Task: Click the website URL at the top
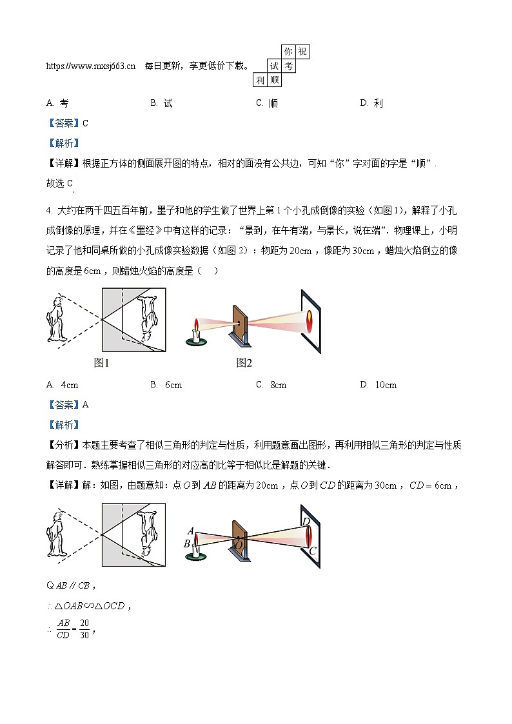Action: pos(91,66)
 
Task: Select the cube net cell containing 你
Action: pos(288,52)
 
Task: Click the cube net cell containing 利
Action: pos(260,81)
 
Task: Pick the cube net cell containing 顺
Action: pos(275,81)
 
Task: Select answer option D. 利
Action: pos(372,103)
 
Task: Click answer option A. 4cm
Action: pos(63,385)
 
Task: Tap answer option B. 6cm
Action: pos(166,385)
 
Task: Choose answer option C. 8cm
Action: pos(271,385)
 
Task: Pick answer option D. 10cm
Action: pos(379,385)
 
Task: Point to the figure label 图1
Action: pos(102,363)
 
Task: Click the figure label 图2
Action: pos(244,363)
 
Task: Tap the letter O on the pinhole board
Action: pos(238,546)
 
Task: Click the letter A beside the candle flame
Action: pos(191,531)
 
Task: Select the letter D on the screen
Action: pos(306,522)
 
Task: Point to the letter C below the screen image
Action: pos(312,551)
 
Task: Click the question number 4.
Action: pos(49,210)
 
